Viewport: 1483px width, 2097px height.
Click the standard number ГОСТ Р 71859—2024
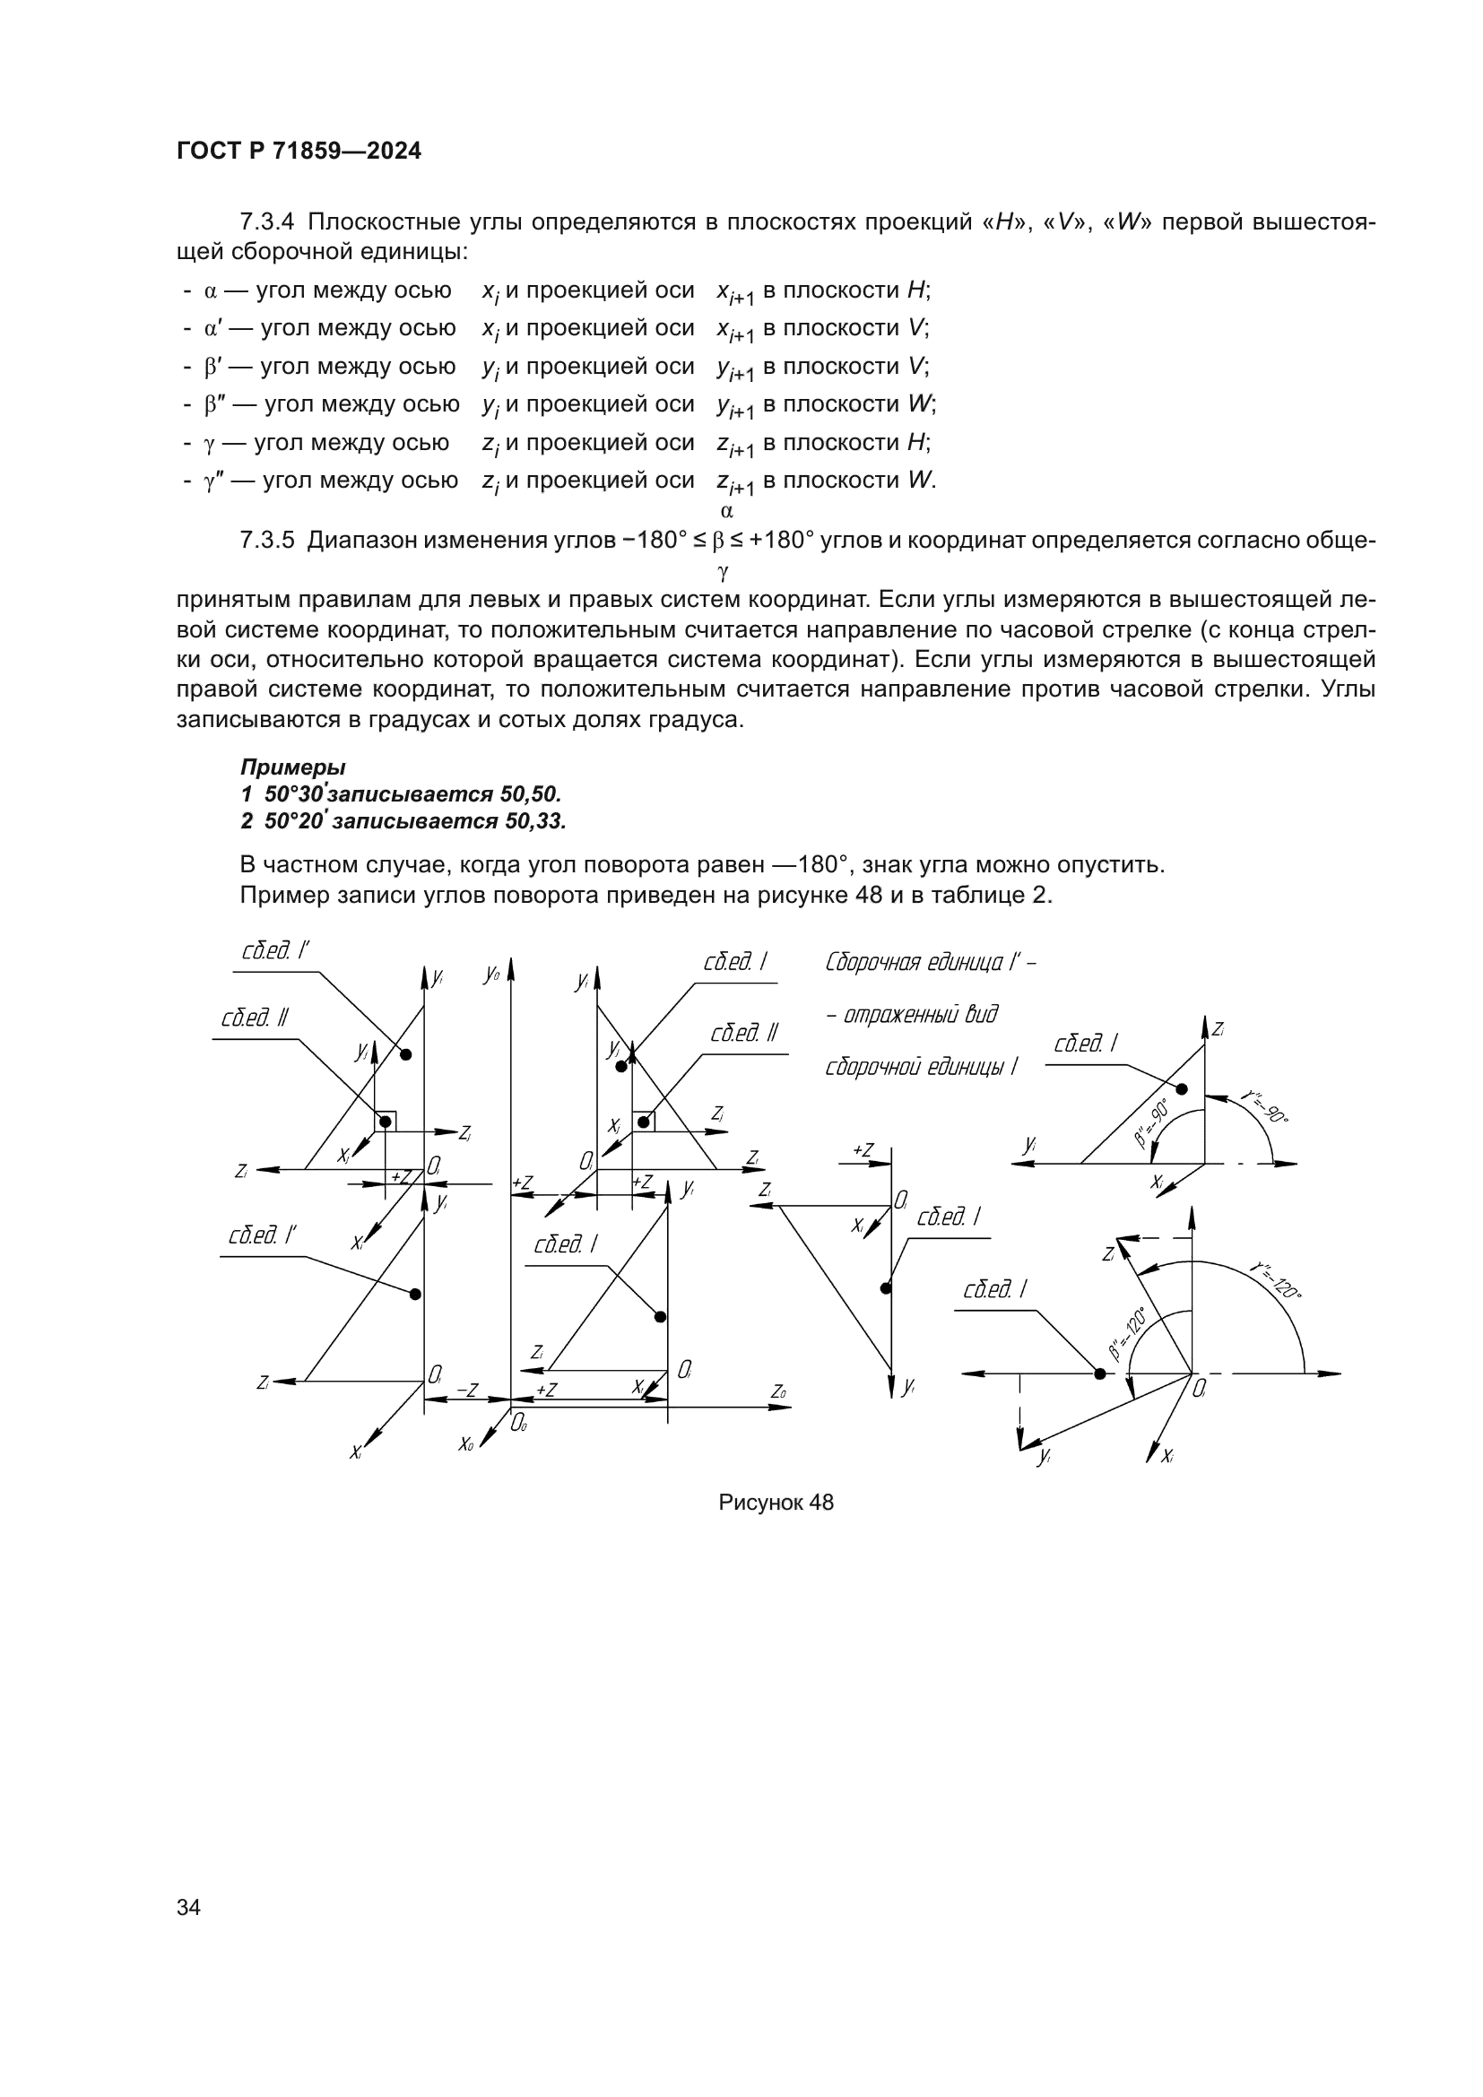(299, 152)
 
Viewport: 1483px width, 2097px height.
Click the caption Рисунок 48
(776, 1503)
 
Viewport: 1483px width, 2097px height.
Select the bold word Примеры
(292, 767)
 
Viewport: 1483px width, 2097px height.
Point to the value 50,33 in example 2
(535, 821)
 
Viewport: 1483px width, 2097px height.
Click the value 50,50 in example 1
(531, 793)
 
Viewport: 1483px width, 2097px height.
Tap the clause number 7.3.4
(266, 222)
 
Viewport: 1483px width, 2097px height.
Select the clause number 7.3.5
(266, 540)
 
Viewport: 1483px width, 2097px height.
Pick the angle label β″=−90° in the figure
(1152, 1122)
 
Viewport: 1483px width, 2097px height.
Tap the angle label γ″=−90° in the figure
(1264, 1106)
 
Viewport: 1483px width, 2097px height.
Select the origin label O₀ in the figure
(517, 1422)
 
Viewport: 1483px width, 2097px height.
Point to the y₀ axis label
(492, 974)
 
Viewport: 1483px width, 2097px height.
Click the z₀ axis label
(778, 1391)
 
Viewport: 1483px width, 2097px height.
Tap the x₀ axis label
(465, 1443)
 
